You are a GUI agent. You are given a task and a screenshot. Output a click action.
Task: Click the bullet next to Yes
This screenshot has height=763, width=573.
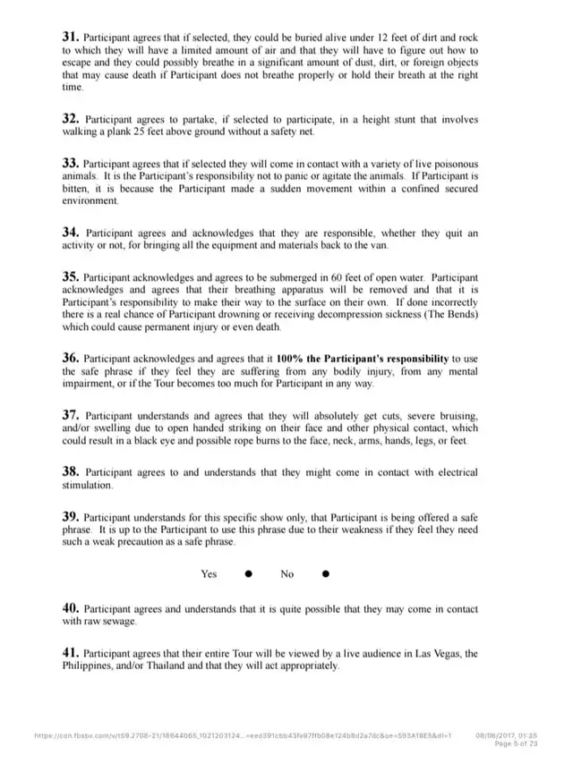248,573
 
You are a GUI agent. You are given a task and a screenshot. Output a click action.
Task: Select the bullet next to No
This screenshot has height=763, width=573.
325,573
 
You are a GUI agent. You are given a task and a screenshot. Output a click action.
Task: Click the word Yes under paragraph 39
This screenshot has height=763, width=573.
210,574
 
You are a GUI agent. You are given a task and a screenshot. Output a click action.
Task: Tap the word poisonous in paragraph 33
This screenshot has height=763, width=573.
452,165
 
